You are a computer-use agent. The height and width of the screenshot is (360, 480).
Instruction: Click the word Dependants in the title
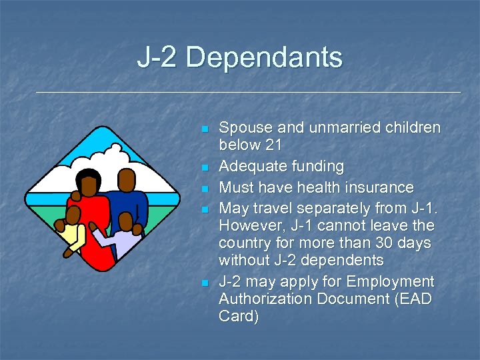click(x=264, y=57)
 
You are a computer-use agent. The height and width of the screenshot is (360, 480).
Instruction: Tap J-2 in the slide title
click(x=158, y=57)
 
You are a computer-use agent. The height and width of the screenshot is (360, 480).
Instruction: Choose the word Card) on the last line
click(x=239, y=317)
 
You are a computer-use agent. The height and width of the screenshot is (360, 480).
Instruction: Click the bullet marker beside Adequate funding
click(x=205, y=167)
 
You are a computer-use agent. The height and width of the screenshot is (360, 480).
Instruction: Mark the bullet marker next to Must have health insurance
click(x=205, y=187)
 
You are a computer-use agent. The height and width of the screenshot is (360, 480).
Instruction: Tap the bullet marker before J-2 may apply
click(x=205, y=283)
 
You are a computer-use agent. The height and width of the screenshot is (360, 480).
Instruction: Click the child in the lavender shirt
click(x=120, y=237)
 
